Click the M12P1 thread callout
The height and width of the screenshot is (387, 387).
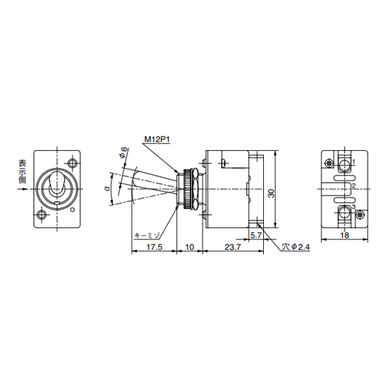pos(157,140)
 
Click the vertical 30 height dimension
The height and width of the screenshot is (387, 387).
pos(271,192)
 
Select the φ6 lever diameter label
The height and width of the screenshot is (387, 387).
pos(123,154)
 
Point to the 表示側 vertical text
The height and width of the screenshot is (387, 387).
pos(21,173)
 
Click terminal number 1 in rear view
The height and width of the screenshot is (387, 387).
pos(353,163)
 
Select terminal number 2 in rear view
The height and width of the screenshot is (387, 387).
pos(353,187)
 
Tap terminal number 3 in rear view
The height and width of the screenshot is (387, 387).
pos(353,207)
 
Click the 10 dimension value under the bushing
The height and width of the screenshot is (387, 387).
pos(189,247)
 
